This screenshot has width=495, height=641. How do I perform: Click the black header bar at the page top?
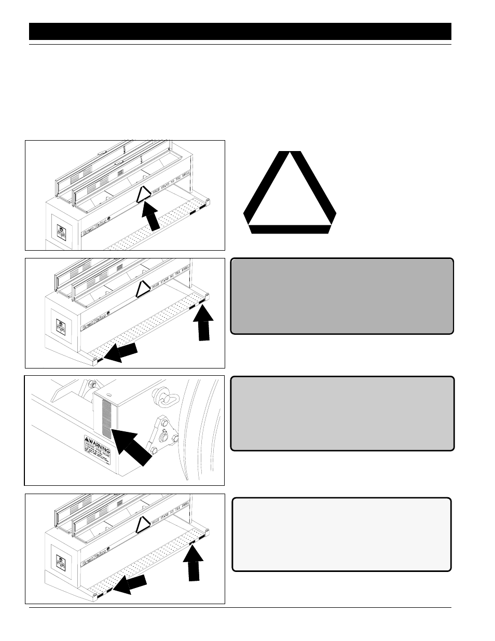240,32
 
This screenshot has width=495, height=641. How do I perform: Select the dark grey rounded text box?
341,296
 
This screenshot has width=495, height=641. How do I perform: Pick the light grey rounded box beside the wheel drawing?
342,414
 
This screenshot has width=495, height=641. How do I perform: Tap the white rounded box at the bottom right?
341,535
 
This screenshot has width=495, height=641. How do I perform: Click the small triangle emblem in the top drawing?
144,195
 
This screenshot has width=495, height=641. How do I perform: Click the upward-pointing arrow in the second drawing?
205,324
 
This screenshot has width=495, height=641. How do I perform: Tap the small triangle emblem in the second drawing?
143,289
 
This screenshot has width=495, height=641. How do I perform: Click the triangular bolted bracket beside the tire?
161,435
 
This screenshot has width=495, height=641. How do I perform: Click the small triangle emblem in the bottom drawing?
143,525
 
